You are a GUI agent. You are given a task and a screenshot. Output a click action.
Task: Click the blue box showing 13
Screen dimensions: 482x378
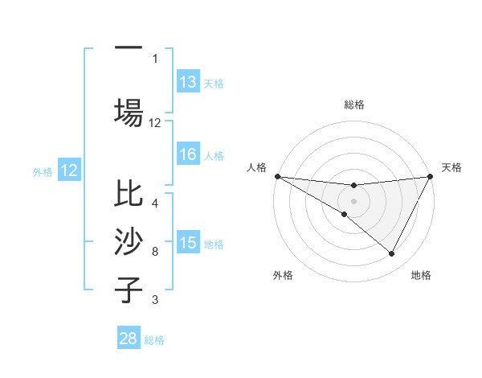pyautogui.click(x=188, y=82)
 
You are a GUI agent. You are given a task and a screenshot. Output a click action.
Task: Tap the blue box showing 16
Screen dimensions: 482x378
pyautogui.click(x=188, y=154)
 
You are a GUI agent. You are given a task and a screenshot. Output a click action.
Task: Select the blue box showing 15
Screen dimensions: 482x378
pyautogui.click(x=188, y=243)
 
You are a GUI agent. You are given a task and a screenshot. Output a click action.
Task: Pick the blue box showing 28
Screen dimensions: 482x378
pyautogui.click(x=129, y=339)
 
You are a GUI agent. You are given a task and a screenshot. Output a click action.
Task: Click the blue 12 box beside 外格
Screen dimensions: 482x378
pyautogui.click(x=69, y=171)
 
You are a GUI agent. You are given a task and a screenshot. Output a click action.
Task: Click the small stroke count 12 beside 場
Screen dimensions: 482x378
pyautogui.click(x=155, y=123)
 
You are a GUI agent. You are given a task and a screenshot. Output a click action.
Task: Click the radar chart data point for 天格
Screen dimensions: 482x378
pyautogui.click(x=431, y=175)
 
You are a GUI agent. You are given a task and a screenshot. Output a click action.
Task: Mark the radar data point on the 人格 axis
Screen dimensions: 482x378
pyautogui.click(x=277, y=175)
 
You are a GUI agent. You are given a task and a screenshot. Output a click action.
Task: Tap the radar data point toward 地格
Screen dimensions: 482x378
pyautogui.click(x=392, y=253)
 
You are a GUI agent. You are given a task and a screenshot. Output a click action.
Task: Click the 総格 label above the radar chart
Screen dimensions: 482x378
pyautogui.click(x=354, y=105)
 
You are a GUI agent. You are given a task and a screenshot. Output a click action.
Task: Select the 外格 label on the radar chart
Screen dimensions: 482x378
pyautogui.click(x=283, y=275)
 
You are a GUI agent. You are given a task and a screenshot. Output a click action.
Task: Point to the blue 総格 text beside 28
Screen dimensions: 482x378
pyautogui.click(x=154, y=340)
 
